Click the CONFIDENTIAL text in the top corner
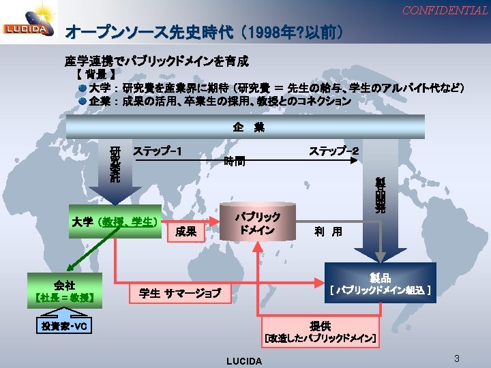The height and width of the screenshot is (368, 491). pyautogui.click(x=445, y=10)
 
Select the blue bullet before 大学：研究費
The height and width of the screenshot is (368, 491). pyautogui.click(x=81, y=88)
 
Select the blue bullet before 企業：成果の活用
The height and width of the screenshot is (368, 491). pyautogui.click(x=81, y=101)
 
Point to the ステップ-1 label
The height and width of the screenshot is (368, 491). pyautogui.click(x=158, y=150)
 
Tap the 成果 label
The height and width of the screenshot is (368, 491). pyautogui.click(x=185, y=232)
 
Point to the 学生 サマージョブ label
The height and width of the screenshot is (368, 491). pyautogui.click(x=180, y=294)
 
